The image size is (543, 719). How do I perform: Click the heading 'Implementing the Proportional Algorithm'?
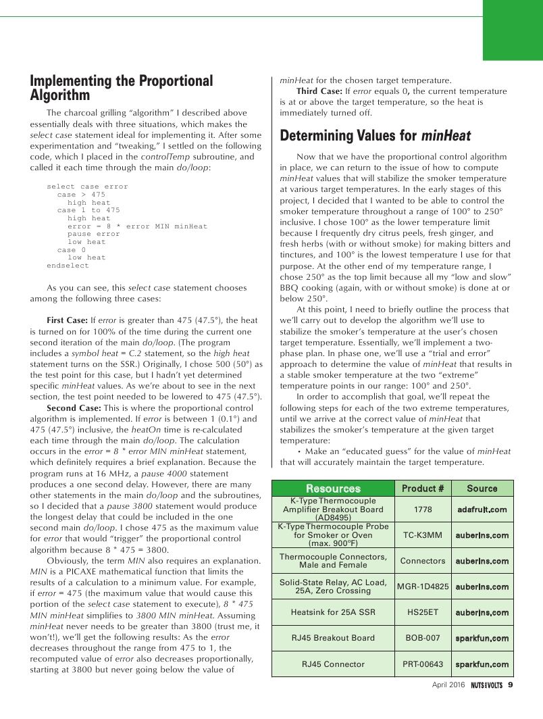point(121,88)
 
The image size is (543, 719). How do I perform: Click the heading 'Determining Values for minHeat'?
point(375,135)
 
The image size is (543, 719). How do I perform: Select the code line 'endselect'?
point(68,266)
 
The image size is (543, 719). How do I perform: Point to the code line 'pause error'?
point(93,234)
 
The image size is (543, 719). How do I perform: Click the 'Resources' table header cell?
point(333,489)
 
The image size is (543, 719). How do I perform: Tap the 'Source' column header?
point(482,489)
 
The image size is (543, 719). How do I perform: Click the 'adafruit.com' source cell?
point(482,510)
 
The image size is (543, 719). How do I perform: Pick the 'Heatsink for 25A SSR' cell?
point(333,612)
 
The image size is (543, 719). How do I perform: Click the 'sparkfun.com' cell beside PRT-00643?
point(482,664)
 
